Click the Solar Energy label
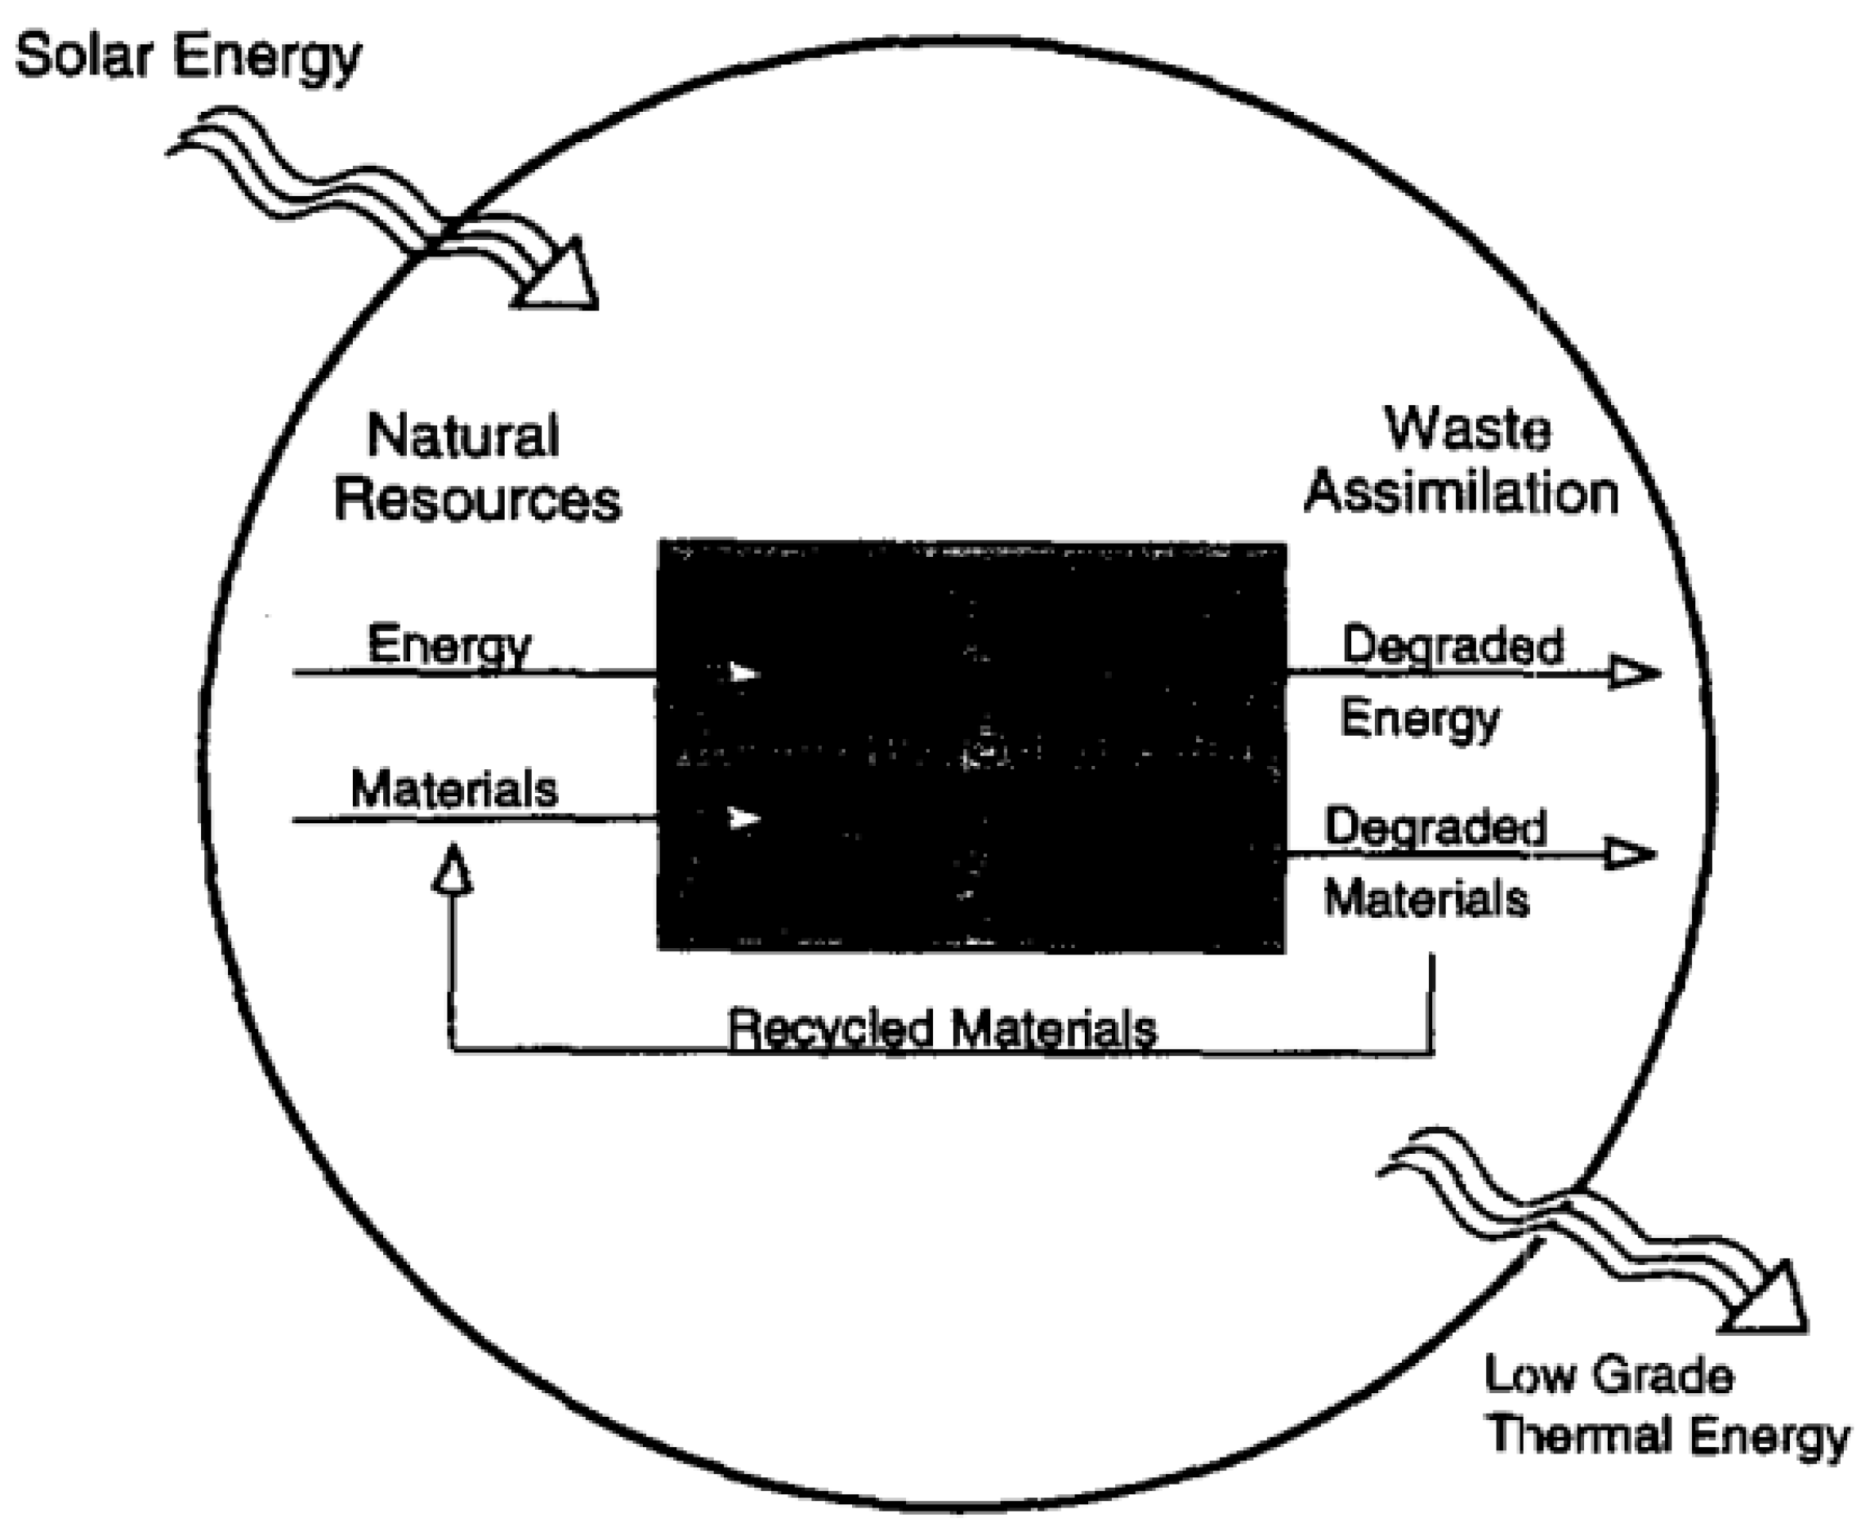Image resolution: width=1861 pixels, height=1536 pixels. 188,56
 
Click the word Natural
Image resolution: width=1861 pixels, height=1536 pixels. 463,435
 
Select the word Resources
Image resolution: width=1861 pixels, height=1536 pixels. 477,499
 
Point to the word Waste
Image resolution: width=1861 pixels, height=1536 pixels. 1466,430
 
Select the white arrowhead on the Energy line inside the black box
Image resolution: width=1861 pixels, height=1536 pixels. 743,674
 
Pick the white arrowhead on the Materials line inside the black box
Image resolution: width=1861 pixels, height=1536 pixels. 743,818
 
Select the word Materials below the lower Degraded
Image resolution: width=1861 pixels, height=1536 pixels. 1426,900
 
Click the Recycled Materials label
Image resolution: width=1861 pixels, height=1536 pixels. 942,1029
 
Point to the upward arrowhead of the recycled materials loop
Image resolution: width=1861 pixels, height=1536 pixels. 453,870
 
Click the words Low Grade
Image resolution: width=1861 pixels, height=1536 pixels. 1608,1376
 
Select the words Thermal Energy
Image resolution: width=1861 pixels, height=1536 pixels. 1667,1435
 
